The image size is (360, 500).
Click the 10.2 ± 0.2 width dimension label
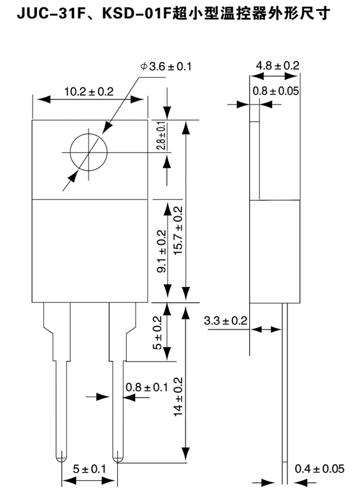(89, 92)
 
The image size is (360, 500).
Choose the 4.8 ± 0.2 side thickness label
(277, 66)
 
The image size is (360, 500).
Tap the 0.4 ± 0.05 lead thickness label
(319, 469)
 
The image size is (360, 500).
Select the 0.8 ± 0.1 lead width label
(147, 387)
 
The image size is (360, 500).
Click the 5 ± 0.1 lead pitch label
(90, 469)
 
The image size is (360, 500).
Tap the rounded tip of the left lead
(61, 457)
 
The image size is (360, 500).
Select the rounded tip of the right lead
(119, 457)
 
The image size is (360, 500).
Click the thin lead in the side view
(285, 395)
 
